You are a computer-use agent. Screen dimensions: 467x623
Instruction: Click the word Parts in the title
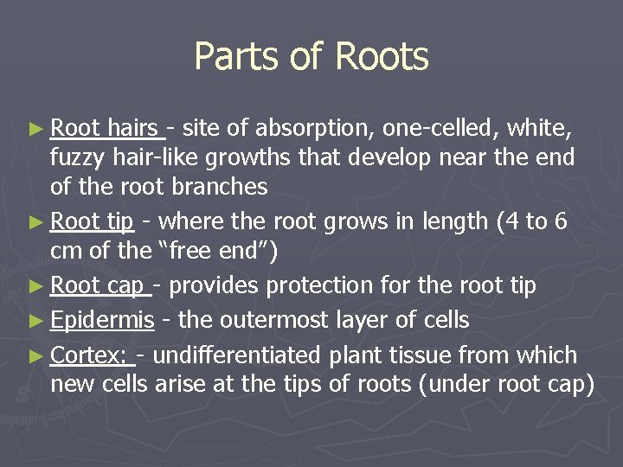[228, 57]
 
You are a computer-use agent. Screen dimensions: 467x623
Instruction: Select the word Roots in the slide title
[381, 57]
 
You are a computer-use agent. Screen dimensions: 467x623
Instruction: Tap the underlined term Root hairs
[106, 130]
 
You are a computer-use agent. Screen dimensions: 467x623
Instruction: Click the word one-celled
[440, 130]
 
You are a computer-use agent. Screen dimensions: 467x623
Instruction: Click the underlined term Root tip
[91, 221]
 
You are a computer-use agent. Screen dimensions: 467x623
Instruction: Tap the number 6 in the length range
[561, 221]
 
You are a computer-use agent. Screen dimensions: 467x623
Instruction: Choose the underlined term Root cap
[97, 285]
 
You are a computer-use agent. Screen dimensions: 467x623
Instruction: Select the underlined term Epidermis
[102, 320]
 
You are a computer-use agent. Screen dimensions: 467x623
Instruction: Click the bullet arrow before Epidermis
[35, 321]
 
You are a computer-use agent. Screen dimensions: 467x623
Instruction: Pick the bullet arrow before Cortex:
[35, 356]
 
